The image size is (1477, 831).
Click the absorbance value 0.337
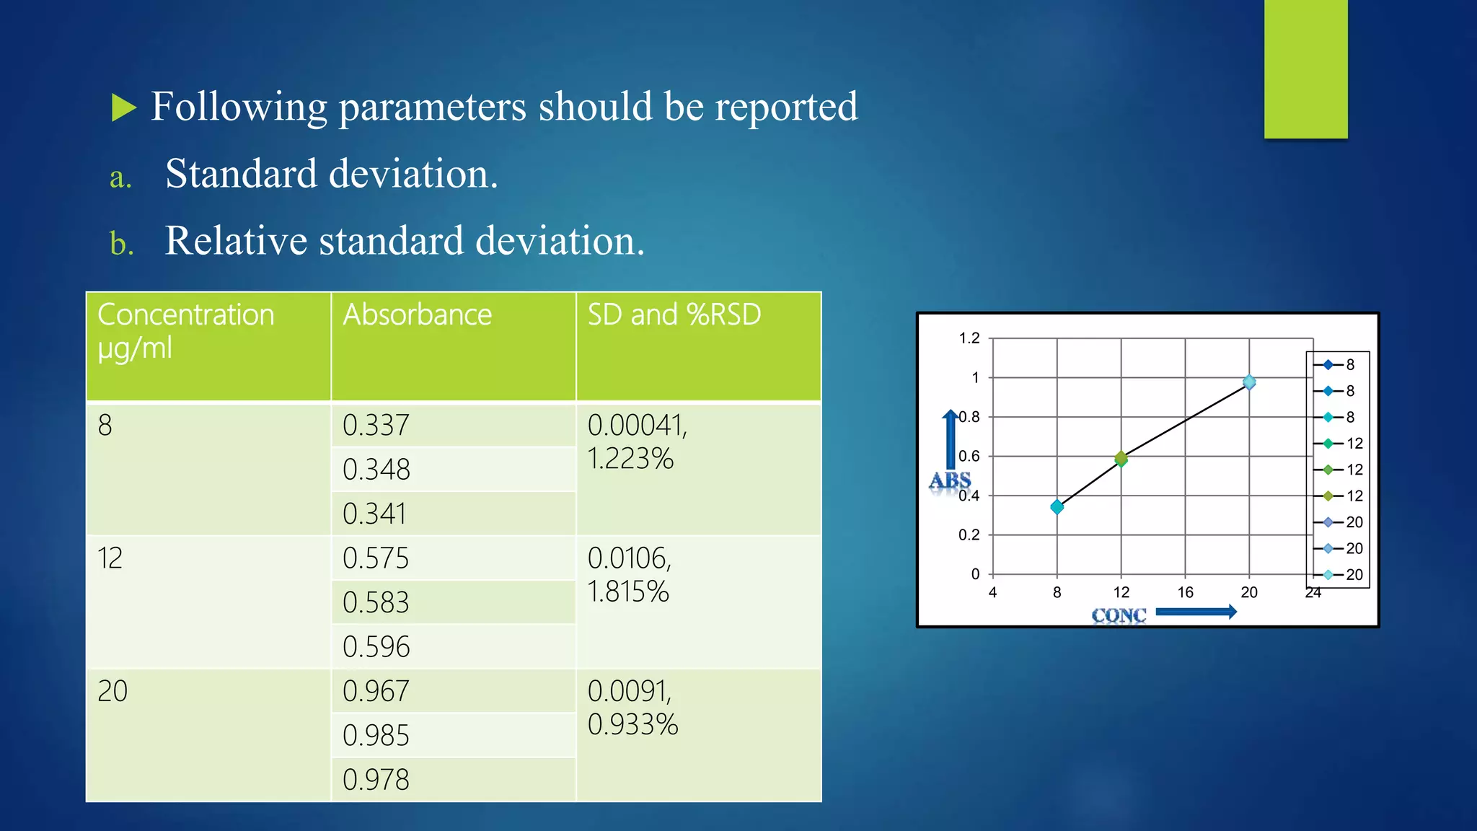point(376,426)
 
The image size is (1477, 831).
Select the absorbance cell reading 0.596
point(376,647)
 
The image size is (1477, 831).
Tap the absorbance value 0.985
point(376,736)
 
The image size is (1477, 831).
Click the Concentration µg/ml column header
point(186,331)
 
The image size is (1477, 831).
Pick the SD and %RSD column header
point(674,315)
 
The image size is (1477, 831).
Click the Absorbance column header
point(417,315)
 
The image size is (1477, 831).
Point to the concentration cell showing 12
point(110,558)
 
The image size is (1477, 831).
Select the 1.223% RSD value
point(630,459)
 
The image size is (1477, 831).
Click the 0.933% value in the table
point(632,724)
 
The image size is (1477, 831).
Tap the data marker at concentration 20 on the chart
point(1249,382)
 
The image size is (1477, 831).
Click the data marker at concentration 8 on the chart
point(1057,506)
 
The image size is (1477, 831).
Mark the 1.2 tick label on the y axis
point(969,338)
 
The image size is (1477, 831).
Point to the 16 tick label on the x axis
point(1185,593)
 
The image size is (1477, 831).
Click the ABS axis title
point(950,480)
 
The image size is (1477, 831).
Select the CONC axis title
point(1119,615)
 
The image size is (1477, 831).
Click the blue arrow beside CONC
point(1196,612)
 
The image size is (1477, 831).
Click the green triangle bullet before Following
point(124,108)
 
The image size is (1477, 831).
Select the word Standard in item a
point(241,175)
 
